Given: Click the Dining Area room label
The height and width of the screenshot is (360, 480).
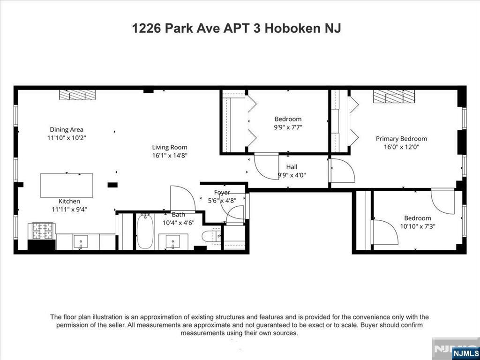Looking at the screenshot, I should [67, 129].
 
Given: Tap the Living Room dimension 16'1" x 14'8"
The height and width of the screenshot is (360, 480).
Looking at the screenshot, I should [169, 155].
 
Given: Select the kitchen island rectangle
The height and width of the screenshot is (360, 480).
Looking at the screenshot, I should [67, 185].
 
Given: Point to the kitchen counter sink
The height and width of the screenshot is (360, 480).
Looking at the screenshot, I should [81, 242].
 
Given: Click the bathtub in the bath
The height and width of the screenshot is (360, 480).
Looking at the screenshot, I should [145, 232].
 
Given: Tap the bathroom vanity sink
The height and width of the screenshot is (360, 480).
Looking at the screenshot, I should [173, 242].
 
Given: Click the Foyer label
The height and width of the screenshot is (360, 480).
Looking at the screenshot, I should [222, 192].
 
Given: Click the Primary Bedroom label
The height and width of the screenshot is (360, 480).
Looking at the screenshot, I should [401, 138].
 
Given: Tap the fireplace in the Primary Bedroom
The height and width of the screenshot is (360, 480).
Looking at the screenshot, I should [394, 97].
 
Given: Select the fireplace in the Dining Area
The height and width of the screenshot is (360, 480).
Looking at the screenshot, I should [77, 95].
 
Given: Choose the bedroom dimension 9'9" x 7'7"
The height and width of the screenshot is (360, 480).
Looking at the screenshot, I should [288, 127].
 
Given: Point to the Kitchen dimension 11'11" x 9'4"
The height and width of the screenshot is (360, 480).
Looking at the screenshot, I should [69, 210].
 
